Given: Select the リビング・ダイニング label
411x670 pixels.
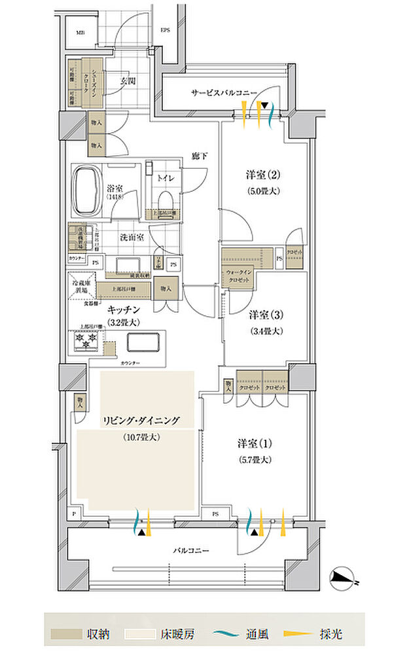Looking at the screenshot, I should tap(140, 421).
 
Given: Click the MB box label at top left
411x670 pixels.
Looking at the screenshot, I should tap(80, 32).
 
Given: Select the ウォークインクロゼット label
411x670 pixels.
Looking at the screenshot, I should tap(240, 275).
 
